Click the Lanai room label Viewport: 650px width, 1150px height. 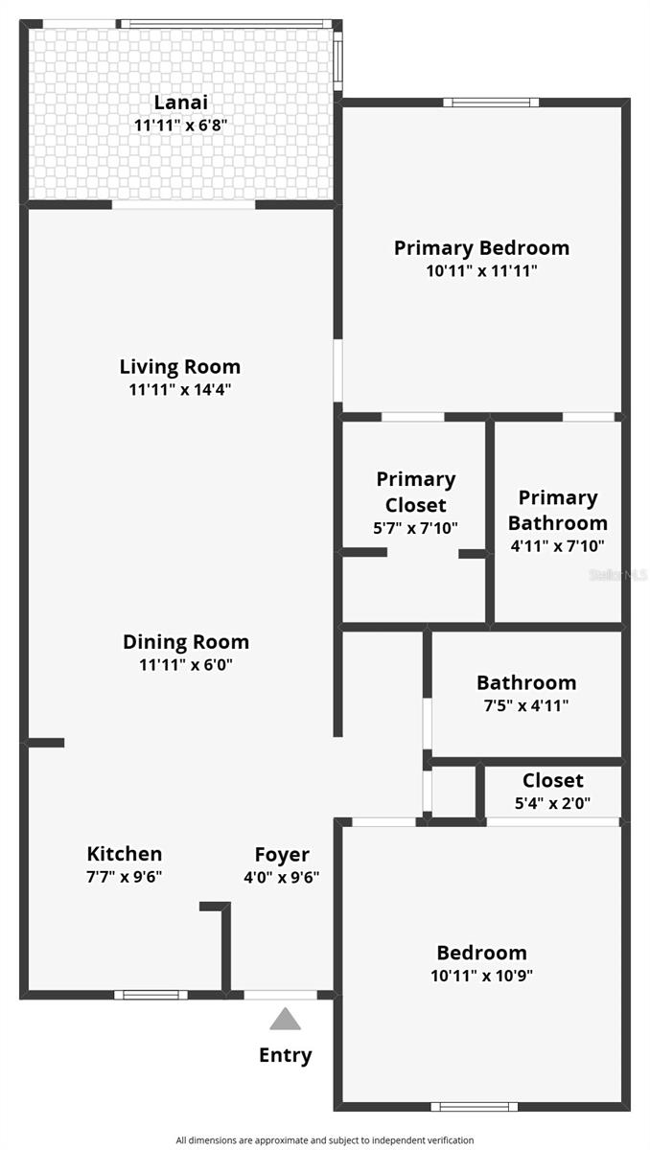(180, 102)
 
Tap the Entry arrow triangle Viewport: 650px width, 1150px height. (285, 1019)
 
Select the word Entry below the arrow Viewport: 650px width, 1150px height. (285, 1055)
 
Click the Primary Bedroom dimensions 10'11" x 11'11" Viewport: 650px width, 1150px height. (481, 271)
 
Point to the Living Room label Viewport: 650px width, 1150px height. (180, 366)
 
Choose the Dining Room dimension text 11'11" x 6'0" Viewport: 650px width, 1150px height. (186, 665)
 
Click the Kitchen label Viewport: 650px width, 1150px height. (125, 853)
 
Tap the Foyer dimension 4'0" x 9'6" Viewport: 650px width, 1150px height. (282, 876)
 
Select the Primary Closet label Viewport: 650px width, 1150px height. (415, 492)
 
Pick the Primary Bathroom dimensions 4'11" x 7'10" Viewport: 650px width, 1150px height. (557, 546)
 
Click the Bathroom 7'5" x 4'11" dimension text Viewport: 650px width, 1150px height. (526, 706)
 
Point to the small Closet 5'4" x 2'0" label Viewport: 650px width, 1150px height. (552, 780)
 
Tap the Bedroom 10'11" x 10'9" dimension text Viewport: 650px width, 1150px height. (481, 976)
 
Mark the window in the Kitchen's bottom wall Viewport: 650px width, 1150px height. (151, 995)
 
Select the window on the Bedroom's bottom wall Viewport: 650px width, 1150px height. (473, 1107)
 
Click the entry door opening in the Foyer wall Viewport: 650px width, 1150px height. (280, 995)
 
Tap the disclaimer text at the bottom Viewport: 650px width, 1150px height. (324, 1140)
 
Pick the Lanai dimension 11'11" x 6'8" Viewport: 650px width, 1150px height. (180, 125)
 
